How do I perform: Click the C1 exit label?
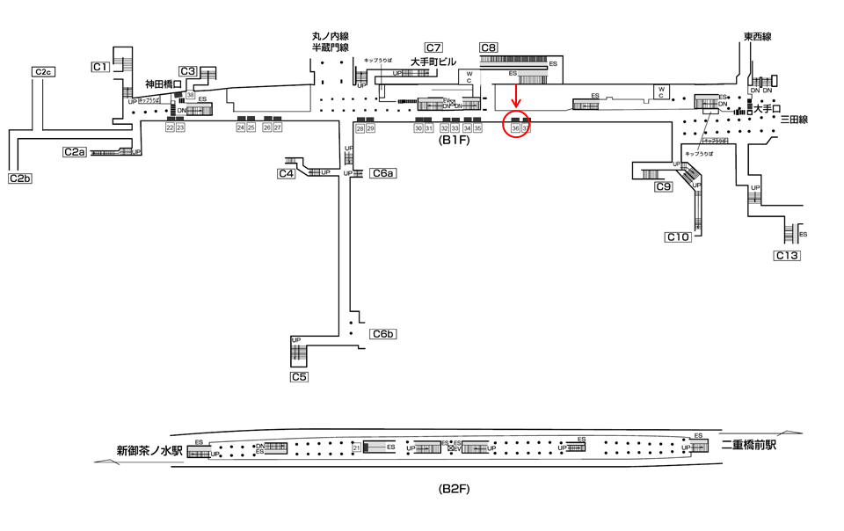click(100, 67)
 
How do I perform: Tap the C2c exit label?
click(43, 71)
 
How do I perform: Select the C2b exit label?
click(20, 178)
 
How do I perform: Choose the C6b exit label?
click(384, 333)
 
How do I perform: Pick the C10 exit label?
click(678, 236)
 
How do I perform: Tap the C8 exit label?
click(489, 47)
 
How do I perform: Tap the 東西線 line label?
click(757, 37)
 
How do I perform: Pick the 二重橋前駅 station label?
click(749, 446)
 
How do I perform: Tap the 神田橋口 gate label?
click(163, 84)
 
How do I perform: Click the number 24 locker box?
click(241, 127)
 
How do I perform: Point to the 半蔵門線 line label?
click(331, 47)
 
